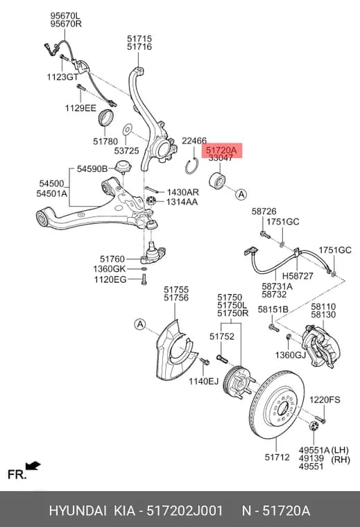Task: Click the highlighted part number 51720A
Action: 221,150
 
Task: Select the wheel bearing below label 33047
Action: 217,181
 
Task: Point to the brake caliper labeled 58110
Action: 320,346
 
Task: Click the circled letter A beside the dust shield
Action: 140,325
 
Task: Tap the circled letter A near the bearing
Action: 241,194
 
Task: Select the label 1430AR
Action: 183,192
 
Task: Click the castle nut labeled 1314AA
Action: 151,202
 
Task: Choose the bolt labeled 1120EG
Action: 144,279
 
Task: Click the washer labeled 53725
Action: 128,130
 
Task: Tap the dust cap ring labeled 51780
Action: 105,117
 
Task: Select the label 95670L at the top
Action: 65,16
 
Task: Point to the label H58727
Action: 298,276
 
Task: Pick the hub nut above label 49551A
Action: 314,427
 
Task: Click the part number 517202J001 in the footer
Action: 185,511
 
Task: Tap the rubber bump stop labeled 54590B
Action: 123,166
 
